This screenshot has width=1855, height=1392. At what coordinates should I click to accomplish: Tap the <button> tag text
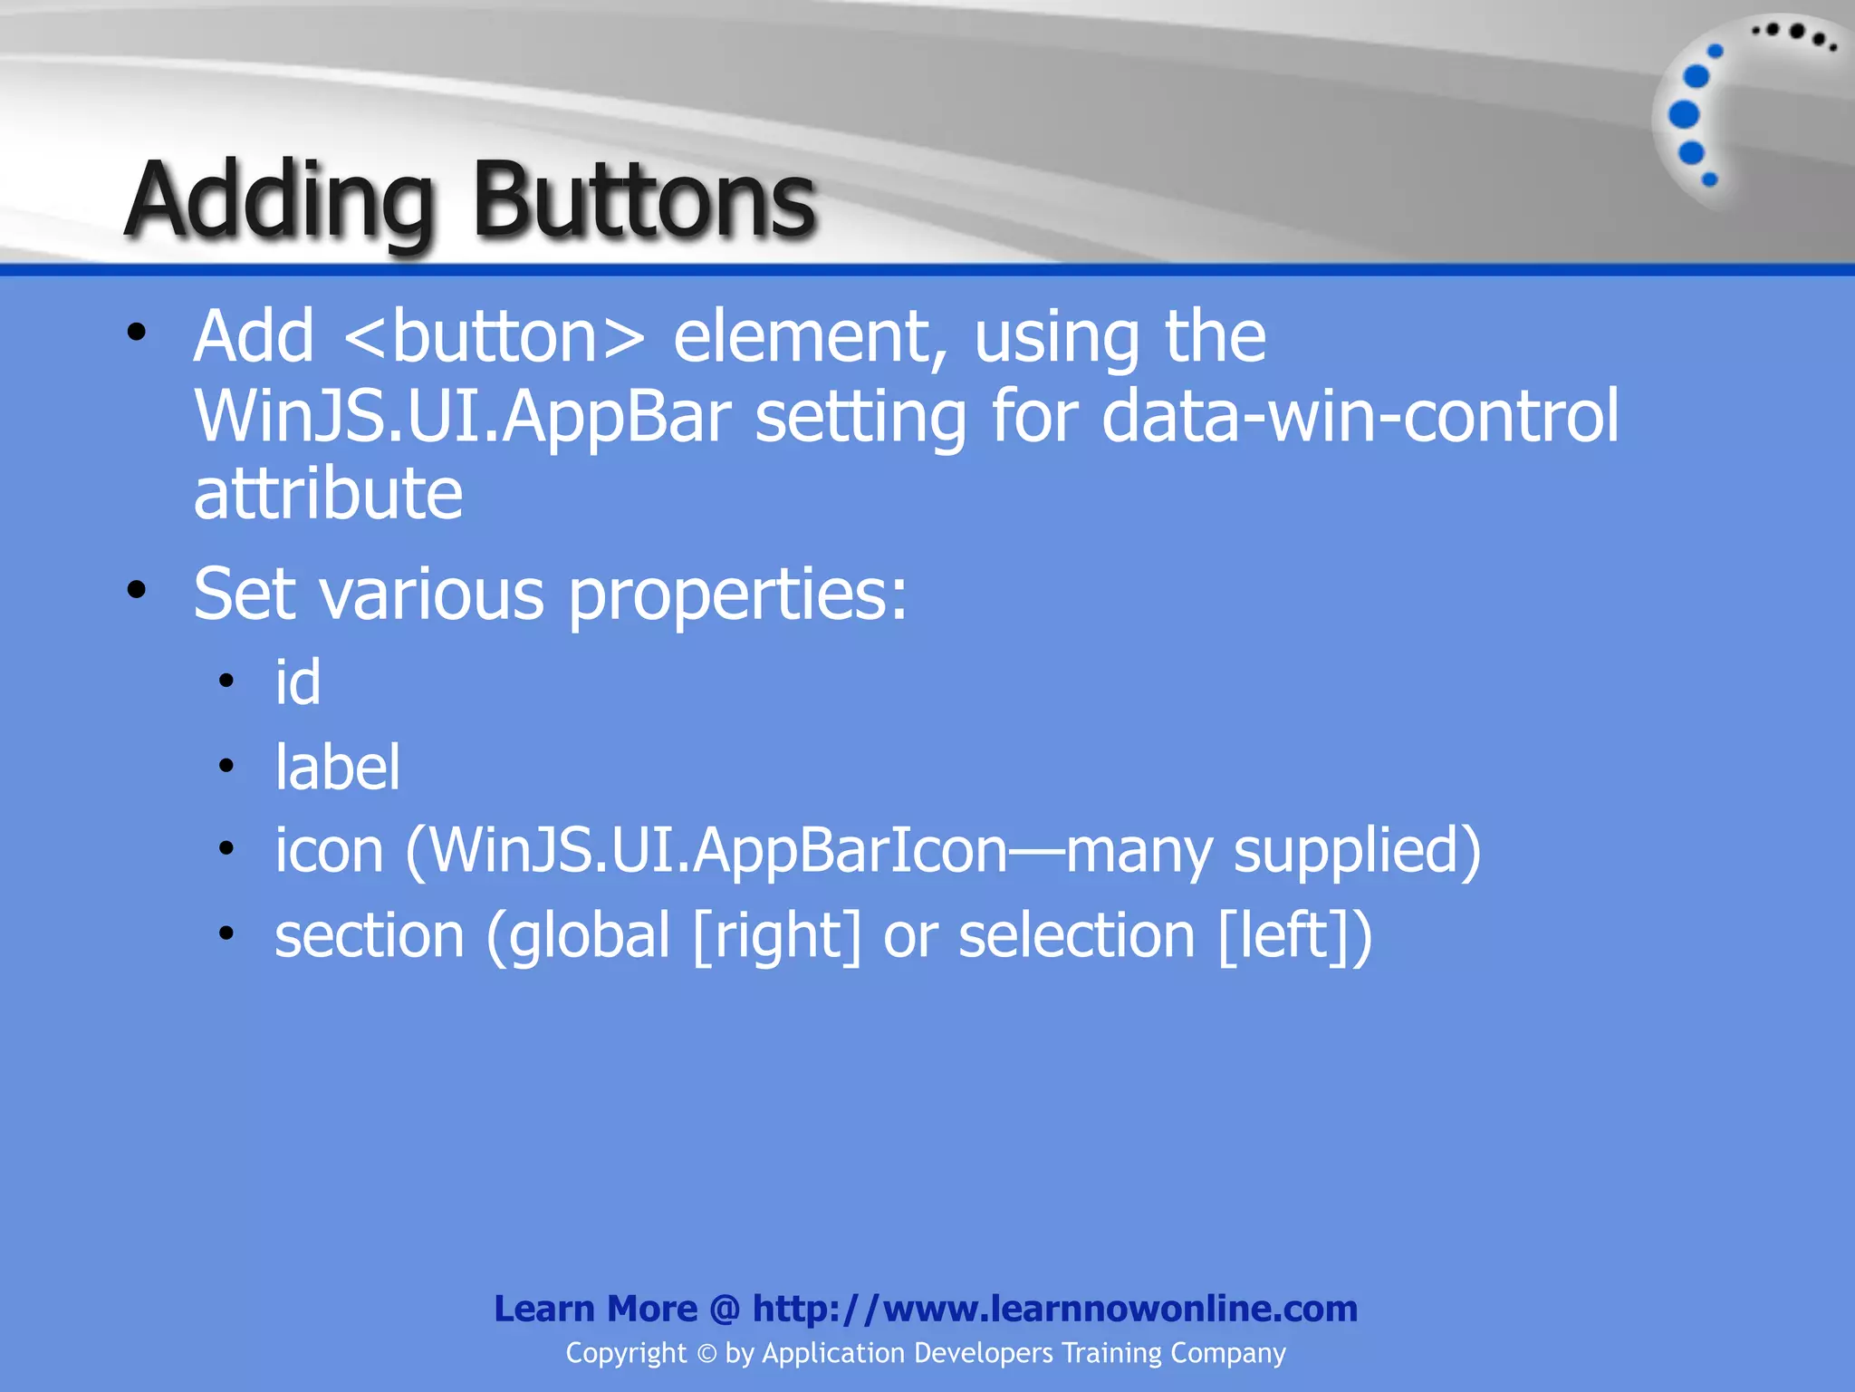[495, 337]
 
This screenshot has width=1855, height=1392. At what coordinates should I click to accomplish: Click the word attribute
[328, 495]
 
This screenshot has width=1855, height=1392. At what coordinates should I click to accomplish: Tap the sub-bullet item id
[298, 682]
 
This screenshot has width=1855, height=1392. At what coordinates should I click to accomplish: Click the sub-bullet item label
[337, 768]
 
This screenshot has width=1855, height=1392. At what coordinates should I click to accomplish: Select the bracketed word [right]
[777, 936]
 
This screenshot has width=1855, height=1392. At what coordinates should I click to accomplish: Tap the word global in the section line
[589, 936]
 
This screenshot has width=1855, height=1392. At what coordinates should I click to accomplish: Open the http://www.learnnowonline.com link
[1054, 1309]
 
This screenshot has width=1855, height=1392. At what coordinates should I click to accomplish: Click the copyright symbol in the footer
[706, 1354]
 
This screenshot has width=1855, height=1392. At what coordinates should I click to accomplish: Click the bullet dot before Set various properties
[137, 591]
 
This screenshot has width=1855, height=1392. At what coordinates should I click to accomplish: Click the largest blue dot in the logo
[1684, 115]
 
